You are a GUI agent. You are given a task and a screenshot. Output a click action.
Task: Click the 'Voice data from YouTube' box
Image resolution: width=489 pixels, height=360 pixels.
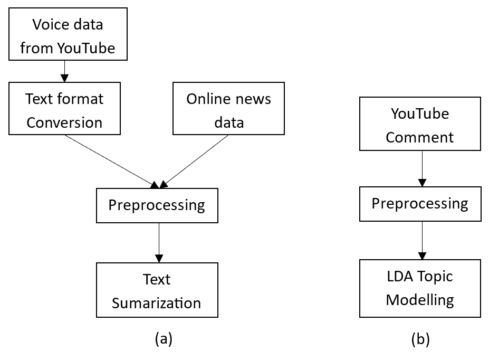pos(68,34)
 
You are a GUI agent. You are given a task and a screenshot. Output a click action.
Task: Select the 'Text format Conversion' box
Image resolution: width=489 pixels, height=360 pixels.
pos(64,109)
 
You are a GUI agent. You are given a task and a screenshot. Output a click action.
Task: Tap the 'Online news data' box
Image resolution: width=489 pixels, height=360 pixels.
pos(228,109)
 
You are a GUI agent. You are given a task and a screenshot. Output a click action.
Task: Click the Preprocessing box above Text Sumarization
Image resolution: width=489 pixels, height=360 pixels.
pos(157,205)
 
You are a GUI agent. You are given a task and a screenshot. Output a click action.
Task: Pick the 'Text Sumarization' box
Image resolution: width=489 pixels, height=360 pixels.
pos(157,290)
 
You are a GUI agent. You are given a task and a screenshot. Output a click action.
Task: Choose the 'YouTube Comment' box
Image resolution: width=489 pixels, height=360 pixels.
pos(420,124)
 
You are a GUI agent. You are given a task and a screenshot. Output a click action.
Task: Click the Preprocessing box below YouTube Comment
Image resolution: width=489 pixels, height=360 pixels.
pos(420,204)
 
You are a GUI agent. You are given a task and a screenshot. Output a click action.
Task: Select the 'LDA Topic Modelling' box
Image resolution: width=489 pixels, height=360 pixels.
pos(420,289)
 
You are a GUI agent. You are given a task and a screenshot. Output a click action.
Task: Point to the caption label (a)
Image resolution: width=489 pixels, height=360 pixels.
pos(164,338)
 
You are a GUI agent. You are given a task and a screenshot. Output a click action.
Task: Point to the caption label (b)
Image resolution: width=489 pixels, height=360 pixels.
pos(420,339)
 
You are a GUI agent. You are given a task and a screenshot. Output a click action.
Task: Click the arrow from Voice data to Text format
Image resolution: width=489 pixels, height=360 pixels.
pos(64,71)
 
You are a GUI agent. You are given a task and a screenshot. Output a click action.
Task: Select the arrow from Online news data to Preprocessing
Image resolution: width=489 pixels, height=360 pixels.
pos(194,162)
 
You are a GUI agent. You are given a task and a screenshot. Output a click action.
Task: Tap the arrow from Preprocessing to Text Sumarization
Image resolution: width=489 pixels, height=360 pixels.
pos(159,243)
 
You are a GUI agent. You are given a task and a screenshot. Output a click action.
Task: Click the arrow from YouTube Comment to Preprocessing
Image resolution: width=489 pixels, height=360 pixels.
pos(422,169)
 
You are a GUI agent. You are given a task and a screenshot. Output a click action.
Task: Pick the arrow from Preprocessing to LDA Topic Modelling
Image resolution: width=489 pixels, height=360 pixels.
pos(422,241)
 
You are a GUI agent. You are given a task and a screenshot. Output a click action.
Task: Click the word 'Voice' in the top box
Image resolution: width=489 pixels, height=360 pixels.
pos(47,25)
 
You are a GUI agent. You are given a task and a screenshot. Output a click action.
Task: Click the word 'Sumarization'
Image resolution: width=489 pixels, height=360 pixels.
pos(156,303)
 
